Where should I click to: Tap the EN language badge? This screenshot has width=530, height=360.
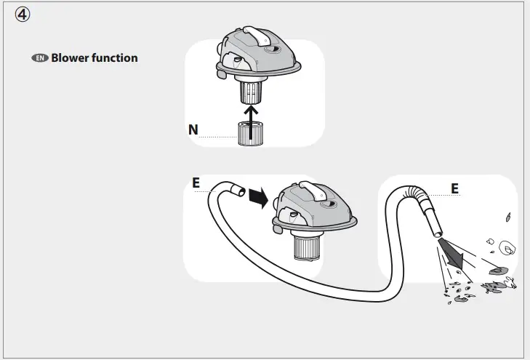pyautogui.click(x=39, y=58)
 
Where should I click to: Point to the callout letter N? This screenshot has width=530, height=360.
pyautogui.click(x=193, y=129)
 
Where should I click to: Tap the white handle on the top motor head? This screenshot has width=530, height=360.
pyautogui.click(x=254, y=34)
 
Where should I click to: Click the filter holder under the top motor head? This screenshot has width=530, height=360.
pyautogui.click(x=250, y=92)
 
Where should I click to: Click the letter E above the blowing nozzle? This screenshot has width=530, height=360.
pyautogui.click(x=455, y=188)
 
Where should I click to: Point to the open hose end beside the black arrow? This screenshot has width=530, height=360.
pyautogui.click(x=237, y=191)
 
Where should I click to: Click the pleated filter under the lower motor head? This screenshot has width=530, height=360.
pyautogui.click(x=307, y=249)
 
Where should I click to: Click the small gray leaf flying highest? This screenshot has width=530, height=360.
pyautogui.click(x=507, y=216)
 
